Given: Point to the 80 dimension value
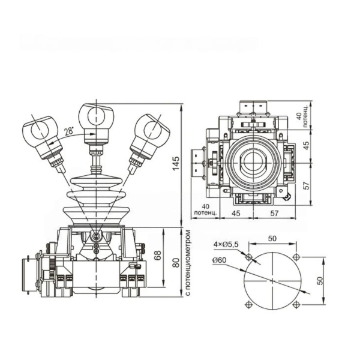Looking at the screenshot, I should pyautogui.click(x=176, y=262).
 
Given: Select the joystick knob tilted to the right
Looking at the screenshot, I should pyautogui.click(x=147, y=135).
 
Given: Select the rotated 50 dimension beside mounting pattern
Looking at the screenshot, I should pyautogui.click(x=320, y=280).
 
